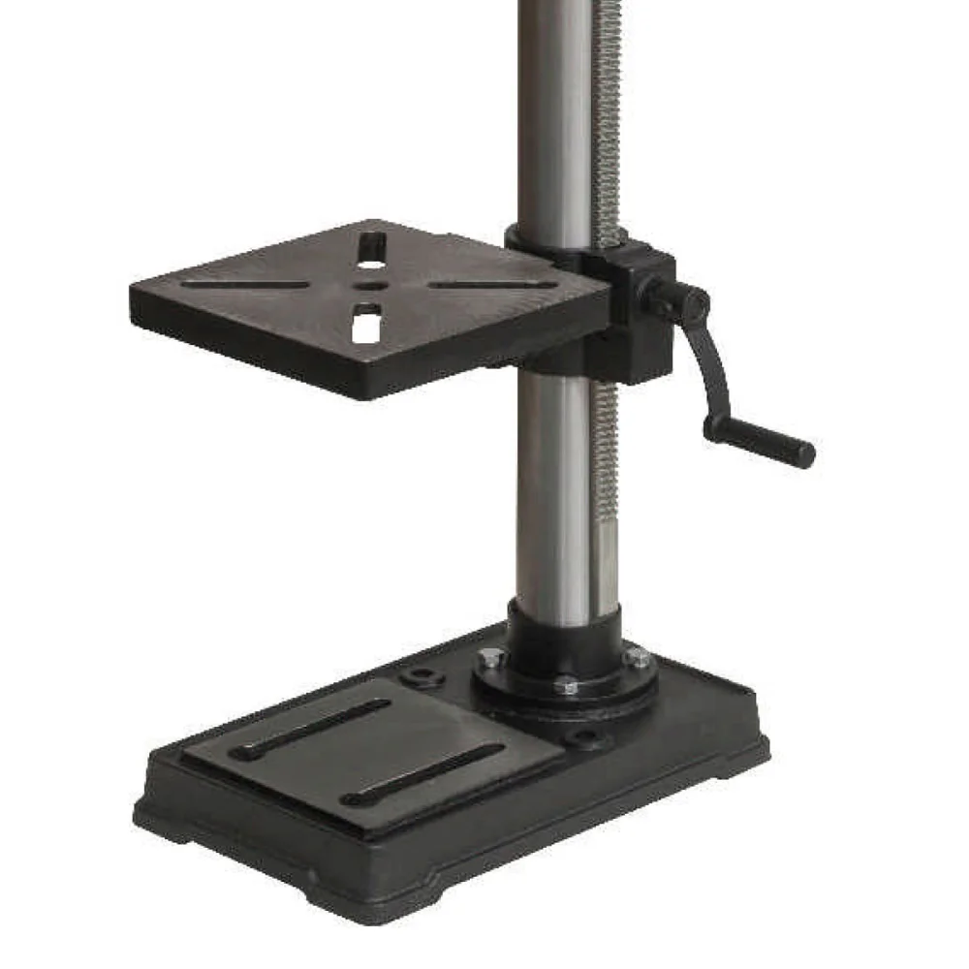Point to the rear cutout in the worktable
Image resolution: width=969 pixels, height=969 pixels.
tap(369, 247)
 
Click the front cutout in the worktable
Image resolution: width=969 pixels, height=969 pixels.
tap(364, 323)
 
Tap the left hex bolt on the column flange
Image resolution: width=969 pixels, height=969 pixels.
tap(489, 659)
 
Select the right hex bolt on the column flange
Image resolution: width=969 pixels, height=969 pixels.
tap(638, 658)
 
